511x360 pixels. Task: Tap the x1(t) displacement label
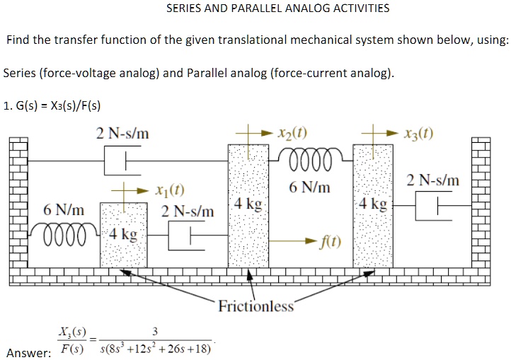click(x=169, y=190)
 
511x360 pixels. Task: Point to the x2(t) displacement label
click(x=291, y=133)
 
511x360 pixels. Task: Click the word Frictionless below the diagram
click(x=256, y=306)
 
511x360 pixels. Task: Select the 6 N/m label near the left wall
click(x=63, y=211)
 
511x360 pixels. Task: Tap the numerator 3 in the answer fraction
click(x=155, y=333)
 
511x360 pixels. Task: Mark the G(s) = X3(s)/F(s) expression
click(x=51, y=107)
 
